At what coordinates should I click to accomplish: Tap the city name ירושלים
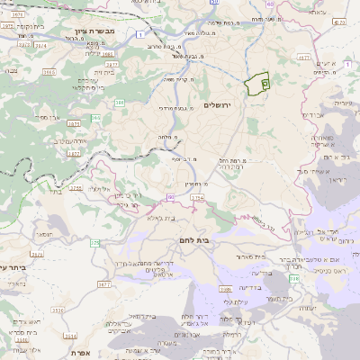click(x=218, y=105)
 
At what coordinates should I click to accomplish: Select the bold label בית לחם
click(x=208, y=240)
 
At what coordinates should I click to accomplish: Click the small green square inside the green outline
click(x=265, y=84)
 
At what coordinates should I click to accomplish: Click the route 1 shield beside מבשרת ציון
click(x=142, y=34)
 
